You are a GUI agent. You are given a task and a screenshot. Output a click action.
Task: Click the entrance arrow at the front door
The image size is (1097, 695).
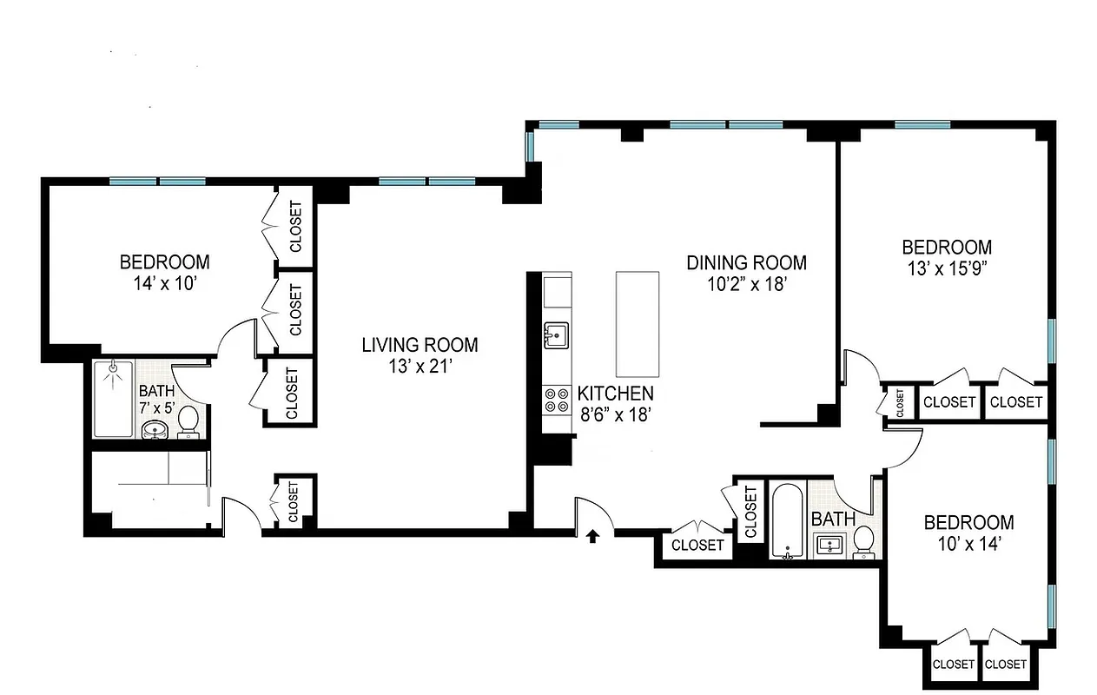(592, 536)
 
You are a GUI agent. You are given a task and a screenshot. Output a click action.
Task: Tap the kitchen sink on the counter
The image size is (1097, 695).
(555, 334)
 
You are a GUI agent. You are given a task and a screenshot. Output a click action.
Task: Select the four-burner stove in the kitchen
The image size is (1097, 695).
(555, 400)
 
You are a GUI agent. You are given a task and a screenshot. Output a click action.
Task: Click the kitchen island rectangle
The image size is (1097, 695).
(637, 322)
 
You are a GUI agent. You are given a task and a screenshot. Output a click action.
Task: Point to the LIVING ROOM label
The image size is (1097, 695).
(420, 345)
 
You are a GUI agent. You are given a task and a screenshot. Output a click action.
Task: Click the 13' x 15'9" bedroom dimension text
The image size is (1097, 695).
(947, 268)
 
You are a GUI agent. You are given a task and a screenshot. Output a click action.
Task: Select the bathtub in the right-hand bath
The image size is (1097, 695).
(788, 520)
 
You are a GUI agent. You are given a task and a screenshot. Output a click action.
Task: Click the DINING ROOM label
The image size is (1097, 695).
(746, 262)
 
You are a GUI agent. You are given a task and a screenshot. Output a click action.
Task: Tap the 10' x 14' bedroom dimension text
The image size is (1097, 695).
(968, 544)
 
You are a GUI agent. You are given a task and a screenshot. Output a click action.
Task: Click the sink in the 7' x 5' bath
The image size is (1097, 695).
(155, 429)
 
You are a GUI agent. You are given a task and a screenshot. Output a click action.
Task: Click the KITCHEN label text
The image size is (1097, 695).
(615, 393)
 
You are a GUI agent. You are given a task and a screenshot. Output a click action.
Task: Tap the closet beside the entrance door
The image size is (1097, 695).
(698, 545)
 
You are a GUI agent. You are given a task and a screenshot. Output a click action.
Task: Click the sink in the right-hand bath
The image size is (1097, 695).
(828, 545)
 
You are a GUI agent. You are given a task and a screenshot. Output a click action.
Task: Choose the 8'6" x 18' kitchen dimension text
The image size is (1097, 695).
(615, 414)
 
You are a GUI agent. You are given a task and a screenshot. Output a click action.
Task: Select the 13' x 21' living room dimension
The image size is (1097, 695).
(420, 366)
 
